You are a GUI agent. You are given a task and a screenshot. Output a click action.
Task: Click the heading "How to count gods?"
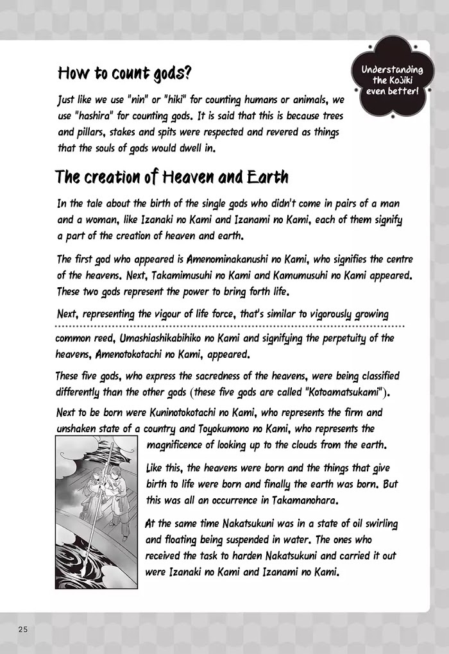click(x=124, y=72)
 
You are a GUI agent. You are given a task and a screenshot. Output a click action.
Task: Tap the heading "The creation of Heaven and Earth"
click(x=171, y=176)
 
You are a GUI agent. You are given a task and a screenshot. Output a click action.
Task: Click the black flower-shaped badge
click(x=392, y=80)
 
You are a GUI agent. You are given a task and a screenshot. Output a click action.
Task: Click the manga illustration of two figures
click(x=96, y=512)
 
